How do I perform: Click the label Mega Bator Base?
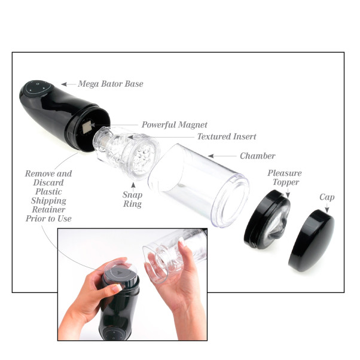point(111,84)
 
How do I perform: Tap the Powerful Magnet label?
point(174,125)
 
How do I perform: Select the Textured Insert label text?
point(223,136)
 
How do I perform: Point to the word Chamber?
point(257,156)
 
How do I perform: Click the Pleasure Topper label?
point(284,178)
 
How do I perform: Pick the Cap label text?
point(327,197)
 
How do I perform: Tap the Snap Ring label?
point(132,199)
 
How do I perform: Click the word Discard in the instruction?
point(48,183)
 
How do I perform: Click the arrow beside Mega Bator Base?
point(68,84)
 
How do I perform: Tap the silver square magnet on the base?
point(86,127)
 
